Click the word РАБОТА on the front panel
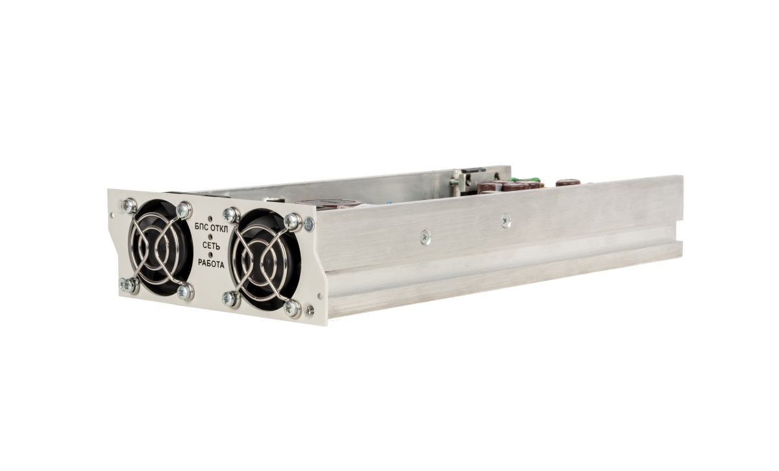pos(211,264)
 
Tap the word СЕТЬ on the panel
pos(211,246)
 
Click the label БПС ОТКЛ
pos(212,229)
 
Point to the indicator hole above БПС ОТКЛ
pos(210,219)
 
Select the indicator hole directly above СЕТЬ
pos(210,236)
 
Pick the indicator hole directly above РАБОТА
pos(210,255)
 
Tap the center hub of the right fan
pos(265,261)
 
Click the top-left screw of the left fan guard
pos(129,206)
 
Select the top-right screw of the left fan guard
pos(184,210)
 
